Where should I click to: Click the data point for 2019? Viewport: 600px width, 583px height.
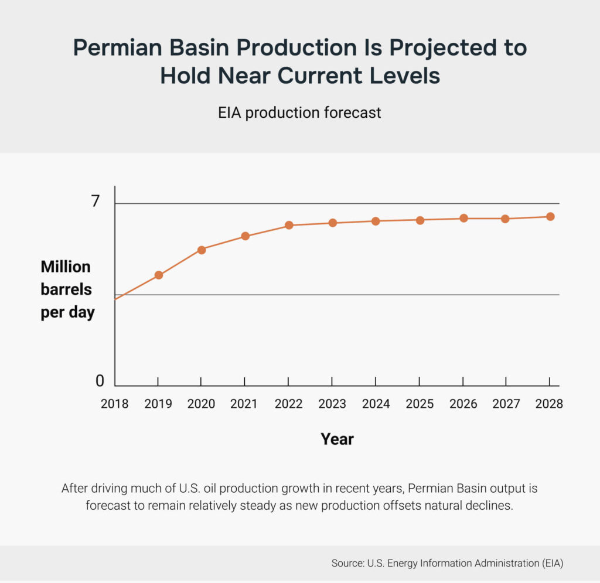(158, 275)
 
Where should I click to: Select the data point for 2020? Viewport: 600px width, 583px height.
(202, 250)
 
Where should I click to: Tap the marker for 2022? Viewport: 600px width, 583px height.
(289, 225)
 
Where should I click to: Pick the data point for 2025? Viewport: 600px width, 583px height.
(420, 220)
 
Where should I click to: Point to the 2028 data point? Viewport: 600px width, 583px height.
(550, 216)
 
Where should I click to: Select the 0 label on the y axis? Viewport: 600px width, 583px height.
(100, 381)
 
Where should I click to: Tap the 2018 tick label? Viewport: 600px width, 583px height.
(114, 404)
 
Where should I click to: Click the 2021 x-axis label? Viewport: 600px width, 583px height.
(245, 404)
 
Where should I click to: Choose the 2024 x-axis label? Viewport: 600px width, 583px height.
(376, 404)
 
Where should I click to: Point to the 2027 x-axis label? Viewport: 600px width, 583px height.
(506, 404)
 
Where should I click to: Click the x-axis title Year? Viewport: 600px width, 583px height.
(337, 439)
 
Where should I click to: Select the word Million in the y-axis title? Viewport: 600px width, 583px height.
(66, 267)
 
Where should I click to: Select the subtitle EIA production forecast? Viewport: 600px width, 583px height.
(299, 112)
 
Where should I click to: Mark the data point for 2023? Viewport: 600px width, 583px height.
(332, 223)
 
